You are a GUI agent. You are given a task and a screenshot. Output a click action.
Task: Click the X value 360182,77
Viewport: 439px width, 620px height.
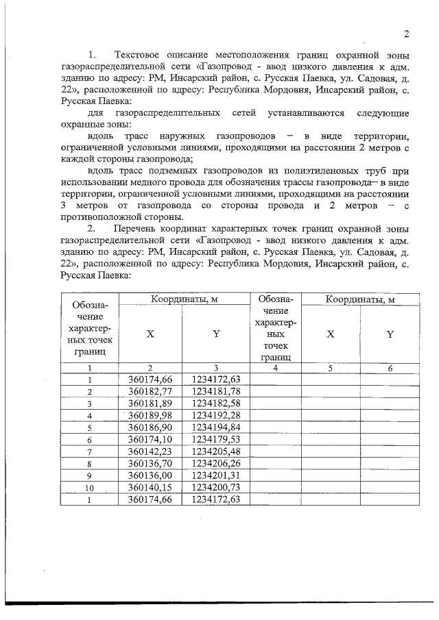(x=150, y=391)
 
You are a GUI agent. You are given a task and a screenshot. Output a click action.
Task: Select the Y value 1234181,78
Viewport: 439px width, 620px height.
(x=216, y=391)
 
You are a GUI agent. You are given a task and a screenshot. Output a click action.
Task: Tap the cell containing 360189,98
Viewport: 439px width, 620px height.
(x=150, y=415)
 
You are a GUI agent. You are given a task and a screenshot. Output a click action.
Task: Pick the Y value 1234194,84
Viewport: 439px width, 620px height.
(x=216, y=427)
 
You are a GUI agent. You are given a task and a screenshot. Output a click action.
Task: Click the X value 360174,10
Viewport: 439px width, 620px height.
(x=150, y=438)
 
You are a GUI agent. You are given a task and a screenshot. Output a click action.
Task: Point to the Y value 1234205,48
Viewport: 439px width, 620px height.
(x=216, y=451)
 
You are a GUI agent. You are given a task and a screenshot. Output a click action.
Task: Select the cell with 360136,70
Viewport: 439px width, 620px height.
(x=150, y=463)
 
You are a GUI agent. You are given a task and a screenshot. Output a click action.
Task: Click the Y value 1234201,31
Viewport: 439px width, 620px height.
(x=216, y=475)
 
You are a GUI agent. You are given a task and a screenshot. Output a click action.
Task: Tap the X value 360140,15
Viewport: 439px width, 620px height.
(x=150, y=487)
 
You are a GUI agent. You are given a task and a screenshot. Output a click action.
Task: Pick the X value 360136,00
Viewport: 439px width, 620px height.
(x=150, y=475)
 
